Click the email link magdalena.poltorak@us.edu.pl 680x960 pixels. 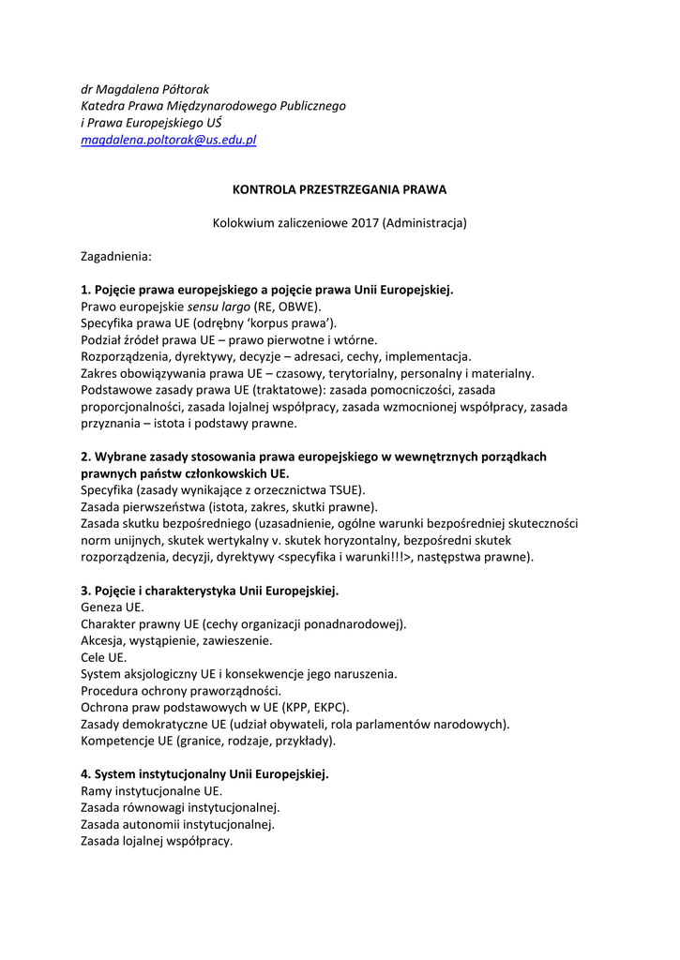[169, 140]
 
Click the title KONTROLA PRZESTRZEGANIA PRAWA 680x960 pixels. [340, 188]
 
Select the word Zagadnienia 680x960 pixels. [116, 255]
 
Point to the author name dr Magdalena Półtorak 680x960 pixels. [144, 89]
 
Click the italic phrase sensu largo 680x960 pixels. [219, 307]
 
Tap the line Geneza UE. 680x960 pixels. [113, 607]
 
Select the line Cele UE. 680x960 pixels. [104, 657]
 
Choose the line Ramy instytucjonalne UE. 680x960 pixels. [152, 791]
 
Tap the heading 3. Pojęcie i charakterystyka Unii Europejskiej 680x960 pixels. [210, 591]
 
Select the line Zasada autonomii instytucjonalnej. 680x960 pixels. [178, 824]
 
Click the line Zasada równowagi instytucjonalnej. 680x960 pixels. [180, 807]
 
